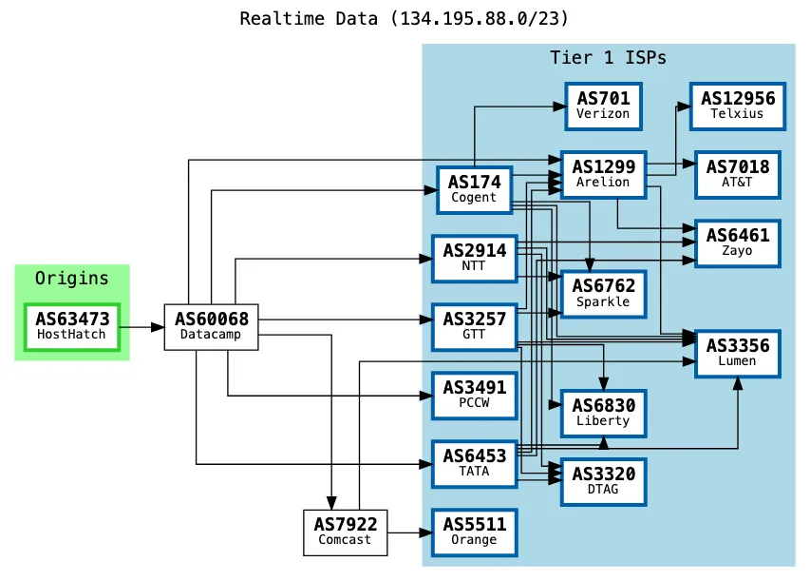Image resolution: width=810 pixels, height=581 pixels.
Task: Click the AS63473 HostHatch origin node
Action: point(72,326)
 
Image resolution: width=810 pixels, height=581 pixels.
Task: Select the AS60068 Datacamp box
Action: point(212,326)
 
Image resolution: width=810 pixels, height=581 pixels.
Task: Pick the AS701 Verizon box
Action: point(603,105)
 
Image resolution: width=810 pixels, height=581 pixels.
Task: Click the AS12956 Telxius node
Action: point(737,105)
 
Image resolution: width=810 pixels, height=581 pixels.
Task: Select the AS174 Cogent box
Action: point(474,189)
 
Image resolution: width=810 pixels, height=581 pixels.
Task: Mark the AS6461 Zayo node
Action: point(737,242)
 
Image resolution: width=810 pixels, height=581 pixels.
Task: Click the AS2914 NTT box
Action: point(474,258)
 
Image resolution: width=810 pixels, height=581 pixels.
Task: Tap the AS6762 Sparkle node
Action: point(603,293)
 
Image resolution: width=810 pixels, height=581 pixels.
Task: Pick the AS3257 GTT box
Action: point(474,326)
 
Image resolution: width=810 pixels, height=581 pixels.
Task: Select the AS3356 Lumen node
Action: point(737,352)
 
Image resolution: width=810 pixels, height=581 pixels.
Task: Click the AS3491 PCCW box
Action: point(474,395)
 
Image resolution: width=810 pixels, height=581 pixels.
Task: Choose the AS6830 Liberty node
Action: point(603,412)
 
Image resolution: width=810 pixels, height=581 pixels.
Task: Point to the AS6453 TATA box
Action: point(474,464)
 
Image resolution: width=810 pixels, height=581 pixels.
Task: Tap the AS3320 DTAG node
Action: point(603,480)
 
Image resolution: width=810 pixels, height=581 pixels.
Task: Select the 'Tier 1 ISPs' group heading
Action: point(608,58)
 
